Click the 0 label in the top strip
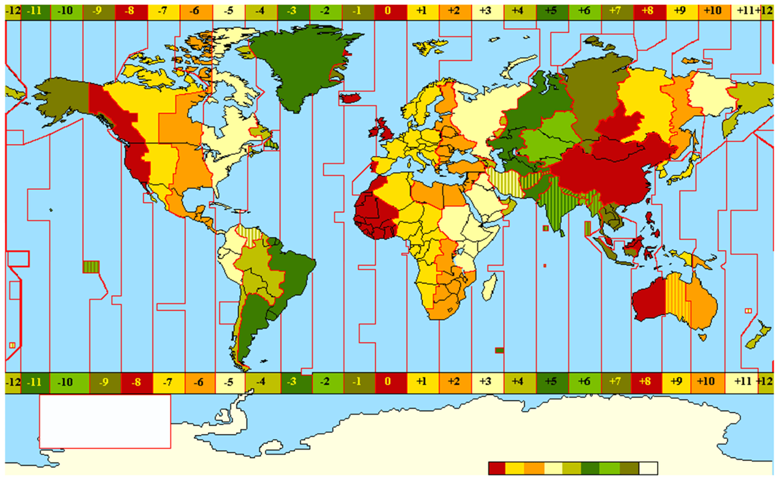[387, 11]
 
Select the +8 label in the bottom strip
[647, 381]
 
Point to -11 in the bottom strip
[35, 381]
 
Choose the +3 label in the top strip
[485, 11]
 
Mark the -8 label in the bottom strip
[136, 381]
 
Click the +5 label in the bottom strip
[551, 381]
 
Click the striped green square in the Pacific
[91, 266]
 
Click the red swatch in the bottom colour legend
[496, 469]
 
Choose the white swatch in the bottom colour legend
[648, 469]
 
